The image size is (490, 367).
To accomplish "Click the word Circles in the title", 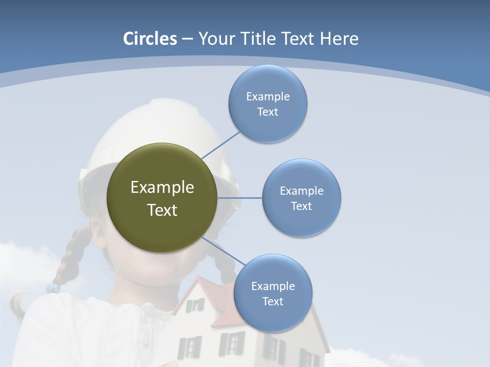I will [150, 39].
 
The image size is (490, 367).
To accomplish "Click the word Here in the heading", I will [339, 39].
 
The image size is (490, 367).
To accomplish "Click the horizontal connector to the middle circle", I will [239, 198].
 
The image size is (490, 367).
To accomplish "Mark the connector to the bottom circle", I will [223, 252].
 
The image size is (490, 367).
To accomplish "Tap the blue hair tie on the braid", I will [53, 288].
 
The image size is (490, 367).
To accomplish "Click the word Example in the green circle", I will [162, 188].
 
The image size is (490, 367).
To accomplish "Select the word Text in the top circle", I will [267, 112].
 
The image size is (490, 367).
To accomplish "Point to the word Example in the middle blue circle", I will [302, 191].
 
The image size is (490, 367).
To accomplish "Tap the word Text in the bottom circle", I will [273, 302].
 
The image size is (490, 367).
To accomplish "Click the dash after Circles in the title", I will [187, 39].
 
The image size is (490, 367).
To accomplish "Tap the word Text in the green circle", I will [162, 210].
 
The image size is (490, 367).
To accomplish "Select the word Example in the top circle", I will [268, 97].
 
